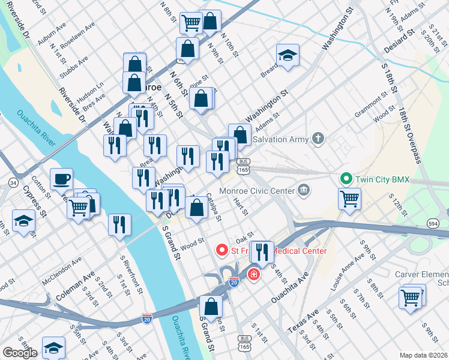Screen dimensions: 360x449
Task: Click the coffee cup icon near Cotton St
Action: click(x=61, y=179)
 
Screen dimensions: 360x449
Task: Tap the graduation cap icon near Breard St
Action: click(x=288, y=56)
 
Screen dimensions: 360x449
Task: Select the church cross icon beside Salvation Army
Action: click(x=318, y=139)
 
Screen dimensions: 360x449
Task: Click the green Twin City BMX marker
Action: click(x=345, y=178)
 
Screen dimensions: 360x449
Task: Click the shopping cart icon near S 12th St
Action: click(x=349, y=197)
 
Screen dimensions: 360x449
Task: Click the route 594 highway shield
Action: click(x=433, y=223)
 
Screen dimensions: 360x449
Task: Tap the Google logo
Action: click(x=20, y=353)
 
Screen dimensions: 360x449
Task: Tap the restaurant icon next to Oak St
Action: click(x=261, y=250)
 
